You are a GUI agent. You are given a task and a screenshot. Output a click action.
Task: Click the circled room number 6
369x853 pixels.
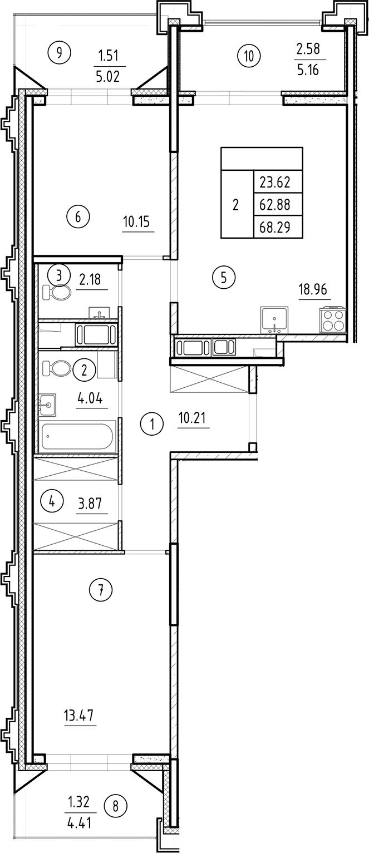(x=78, y=216)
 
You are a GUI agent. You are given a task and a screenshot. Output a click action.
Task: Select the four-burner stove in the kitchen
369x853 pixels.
(x=332, y=321)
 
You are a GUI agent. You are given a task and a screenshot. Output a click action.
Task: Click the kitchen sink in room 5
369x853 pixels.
(x=274, y=321)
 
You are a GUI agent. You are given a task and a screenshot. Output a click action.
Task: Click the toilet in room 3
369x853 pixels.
(x=56, y=293)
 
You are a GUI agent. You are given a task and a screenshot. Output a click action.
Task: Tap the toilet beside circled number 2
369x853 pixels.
(x=57, y=368)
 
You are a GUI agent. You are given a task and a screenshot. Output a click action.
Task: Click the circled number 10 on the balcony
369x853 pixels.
(x=248, y=55)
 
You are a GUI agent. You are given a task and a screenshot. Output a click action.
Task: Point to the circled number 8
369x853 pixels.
(x=116, y=805)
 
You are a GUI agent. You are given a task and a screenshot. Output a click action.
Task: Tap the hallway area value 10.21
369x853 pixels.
(x=193, y=417)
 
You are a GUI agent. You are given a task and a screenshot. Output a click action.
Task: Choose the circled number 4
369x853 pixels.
(x=52, y=502)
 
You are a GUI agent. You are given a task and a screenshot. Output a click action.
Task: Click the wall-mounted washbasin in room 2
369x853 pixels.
(x=48, y=405)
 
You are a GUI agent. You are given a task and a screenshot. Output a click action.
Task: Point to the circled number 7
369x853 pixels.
(x=101, y=590)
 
